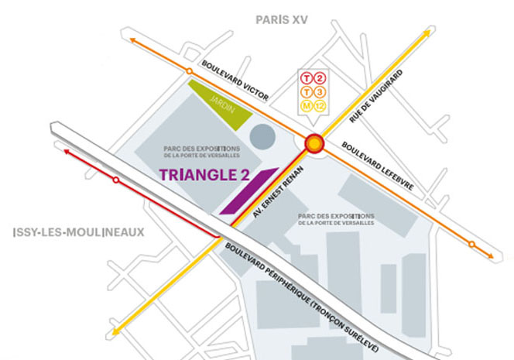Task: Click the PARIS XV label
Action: point(282,19)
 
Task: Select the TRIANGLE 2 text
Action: point(209,175)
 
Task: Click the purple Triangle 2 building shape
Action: point(248,190)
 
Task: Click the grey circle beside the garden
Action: point(263,137)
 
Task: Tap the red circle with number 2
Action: point(320,80)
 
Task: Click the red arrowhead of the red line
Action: point(68,154)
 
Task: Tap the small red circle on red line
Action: point(116,180)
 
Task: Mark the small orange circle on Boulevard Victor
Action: point(189,73)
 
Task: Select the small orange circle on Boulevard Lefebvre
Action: point(471,245)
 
